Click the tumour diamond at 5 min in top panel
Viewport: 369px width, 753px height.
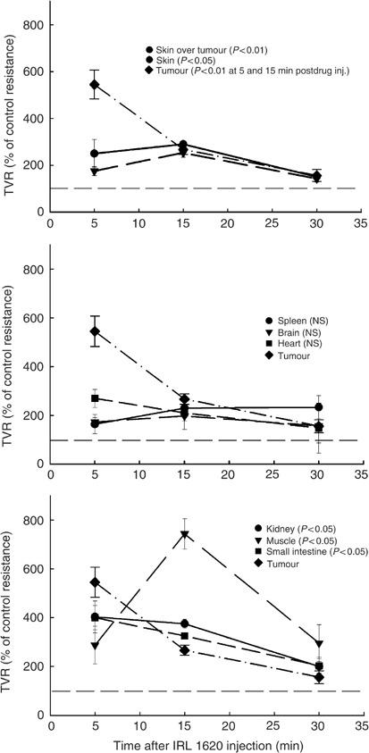pyautogui.click(x=95, y=85)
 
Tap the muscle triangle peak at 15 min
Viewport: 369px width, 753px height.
pyautogui.click(x=184, y=535)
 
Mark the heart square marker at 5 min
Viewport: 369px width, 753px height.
pyautogui.click(x=95, y=398)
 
